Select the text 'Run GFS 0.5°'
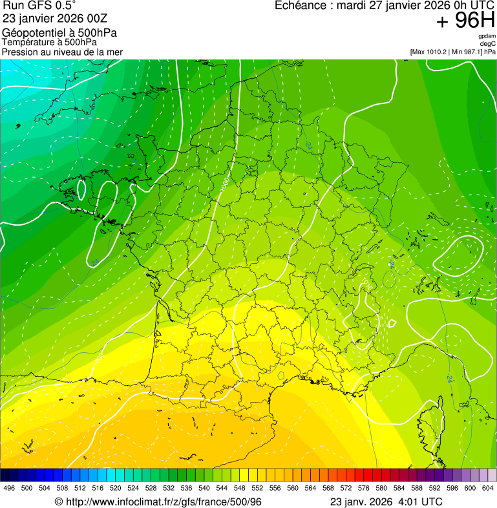(39, 6)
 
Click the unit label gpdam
(487, 36)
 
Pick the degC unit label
(488, 44)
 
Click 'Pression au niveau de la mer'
(62, 52)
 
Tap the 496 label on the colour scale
(9, 488)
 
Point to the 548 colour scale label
(239, 488)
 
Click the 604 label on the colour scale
(487, 488)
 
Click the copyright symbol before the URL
(58, 502)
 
